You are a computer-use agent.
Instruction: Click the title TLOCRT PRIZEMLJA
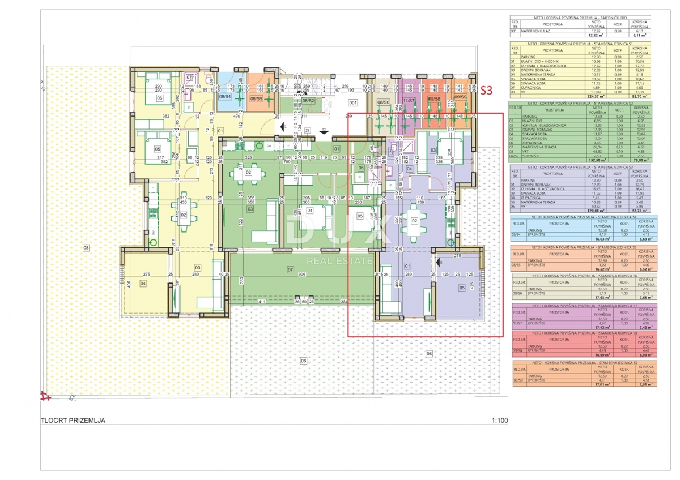pos(73,421)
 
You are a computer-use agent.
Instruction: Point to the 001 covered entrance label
pos(352,103)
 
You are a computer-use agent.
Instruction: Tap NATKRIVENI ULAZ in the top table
pos(536,33)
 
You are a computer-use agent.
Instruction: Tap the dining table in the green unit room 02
pos(248,172)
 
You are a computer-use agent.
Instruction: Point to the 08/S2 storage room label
pos(309,100)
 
